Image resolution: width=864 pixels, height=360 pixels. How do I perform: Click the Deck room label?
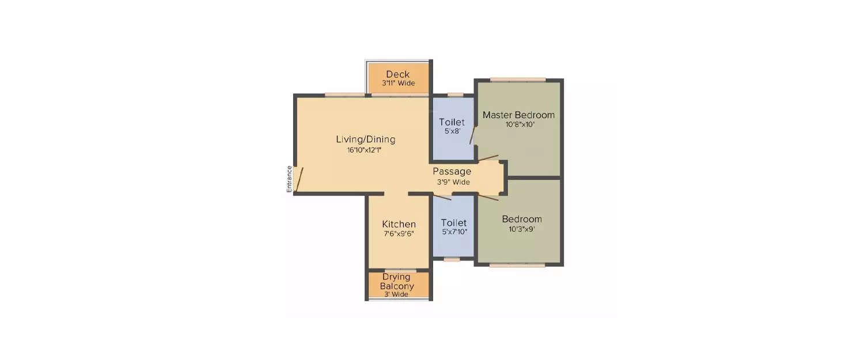(x=397, y=74)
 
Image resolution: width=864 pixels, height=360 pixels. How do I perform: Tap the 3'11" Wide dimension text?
(x=399, y=83)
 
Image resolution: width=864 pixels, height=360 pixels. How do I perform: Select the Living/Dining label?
(x=366, y=139)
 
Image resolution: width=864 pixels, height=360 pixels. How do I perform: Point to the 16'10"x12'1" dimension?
(x=364, y=150)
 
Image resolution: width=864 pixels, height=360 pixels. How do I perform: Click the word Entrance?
(x=289, y=179)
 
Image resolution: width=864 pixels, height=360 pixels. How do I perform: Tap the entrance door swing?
(x=298, y=179)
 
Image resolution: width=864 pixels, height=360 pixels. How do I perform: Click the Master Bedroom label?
(x=518, y=115)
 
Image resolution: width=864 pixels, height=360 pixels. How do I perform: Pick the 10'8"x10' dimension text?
(x=520, y=124)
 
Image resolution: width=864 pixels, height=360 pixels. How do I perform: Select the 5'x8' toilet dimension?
(x=452, y=131)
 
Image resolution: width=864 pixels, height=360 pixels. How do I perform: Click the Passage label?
(x=452, y=171)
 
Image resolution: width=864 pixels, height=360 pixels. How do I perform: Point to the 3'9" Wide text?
(x=454, y=182)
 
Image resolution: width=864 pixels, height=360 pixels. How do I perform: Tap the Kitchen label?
(x=399, y=224)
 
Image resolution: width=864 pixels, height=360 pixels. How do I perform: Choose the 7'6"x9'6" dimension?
(x=399, y=234)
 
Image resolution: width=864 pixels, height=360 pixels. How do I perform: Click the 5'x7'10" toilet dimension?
(x=454, y=232)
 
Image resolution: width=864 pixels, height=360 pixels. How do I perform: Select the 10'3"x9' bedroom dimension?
(x=521, y=229)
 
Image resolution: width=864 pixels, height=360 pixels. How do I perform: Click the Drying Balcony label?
(x=396, y=281)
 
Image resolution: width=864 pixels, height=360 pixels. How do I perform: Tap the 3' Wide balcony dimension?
(x=396, y=294)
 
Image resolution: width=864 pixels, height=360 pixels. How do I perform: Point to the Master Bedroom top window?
(x=518, y=80)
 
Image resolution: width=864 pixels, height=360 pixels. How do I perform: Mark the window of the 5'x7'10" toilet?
(x=452, y=260)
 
